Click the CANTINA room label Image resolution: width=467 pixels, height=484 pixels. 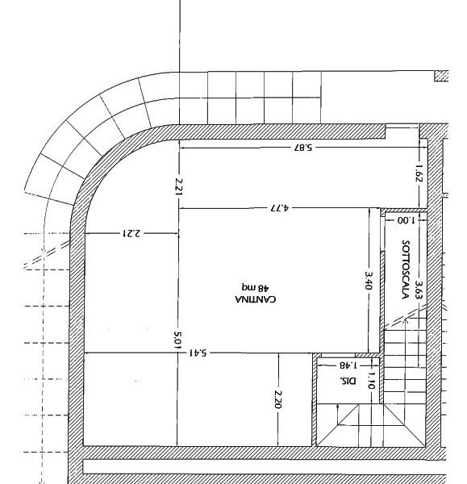(255, 299)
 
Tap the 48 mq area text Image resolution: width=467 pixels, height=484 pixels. (255, 288)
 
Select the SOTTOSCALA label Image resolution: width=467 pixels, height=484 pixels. (406, 269)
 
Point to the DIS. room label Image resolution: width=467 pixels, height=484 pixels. (348, 381)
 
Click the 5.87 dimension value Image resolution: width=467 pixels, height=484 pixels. (302, 148)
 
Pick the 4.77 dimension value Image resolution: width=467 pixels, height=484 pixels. (279, 208)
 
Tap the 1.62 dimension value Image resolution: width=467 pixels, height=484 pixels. (419, 173)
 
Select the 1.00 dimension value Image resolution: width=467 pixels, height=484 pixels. (406, 220)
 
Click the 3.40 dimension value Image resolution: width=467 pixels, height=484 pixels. (369, 280)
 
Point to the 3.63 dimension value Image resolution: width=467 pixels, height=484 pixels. (419, 290)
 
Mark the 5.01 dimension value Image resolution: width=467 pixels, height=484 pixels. (177, 340)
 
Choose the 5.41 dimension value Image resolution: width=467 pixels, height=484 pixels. (198, 353)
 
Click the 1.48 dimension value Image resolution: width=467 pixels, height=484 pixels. (348, 365)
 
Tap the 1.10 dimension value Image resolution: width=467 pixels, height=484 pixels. (371, 380)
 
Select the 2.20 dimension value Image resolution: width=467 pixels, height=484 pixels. (277, 399)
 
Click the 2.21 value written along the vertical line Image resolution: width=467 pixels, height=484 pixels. (179, 187)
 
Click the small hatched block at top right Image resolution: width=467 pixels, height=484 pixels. (441, 76)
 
